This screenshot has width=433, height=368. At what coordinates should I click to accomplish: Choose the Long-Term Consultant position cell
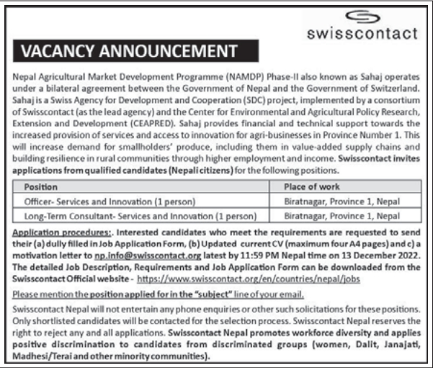tap(140, 215)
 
